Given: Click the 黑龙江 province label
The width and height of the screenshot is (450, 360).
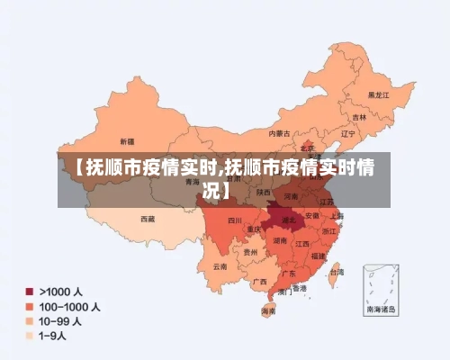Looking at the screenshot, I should [x=378, y=94].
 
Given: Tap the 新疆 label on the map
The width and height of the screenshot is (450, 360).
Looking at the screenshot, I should [x=126, y=141].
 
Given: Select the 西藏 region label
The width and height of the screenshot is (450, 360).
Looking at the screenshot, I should [x=147, y=219].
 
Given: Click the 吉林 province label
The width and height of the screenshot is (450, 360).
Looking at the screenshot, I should [x=359, y=117].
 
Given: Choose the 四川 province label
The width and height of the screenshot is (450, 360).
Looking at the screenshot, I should [x=234, y=220].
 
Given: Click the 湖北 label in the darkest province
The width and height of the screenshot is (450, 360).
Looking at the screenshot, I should [x=288, y=219].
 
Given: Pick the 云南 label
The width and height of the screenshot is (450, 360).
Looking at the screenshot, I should [x=220, y=266].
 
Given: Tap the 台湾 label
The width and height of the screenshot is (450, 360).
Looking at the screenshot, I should [x=336, y=271].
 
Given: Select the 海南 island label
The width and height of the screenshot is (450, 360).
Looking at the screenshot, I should [x=269, y=310].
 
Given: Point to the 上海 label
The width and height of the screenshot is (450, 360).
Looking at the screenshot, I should [x=337, y=216].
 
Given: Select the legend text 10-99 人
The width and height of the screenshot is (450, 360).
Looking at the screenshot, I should [x=64, y=320].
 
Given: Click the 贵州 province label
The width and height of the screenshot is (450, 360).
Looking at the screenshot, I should [x=250, y=253].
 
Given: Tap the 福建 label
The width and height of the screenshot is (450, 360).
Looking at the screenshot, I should [x=319, y=255].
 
